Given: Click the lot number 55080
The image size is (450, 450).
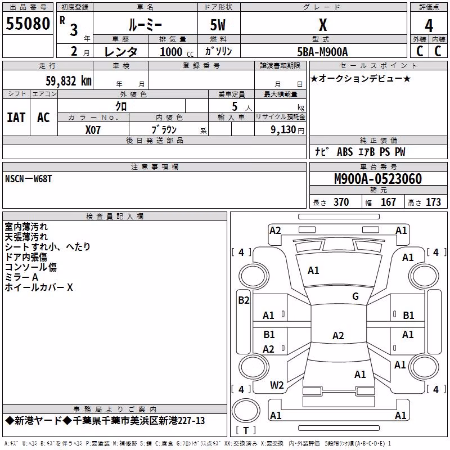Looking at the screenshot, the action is pyautogui.click(x=28, y=24).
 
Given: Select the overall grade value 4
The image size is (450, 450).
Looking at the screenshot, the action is pyautogui.click(x=429, y=26).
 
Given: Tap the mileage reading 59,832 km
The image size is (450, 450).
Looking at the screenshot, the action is pyautogui.click(x=69, y=81).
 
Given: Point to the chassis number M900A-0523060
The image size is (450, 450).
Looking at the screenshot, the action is pyautogui.click(x=378, y=179).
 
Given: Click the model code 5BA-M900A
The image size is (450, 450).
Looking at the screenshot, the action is pyautogui.click(x=322, y=52).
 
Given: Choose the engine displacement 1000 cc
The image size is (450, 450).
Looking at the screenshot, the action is pyautogui.click(x=177, y=52).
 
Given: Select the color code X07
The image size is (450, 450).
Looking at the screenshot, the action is pyautogui.click(x=93, y=130).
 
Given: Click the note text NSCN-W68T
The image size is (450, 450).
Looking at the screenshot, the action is pyautogui.click(x=29, y=179).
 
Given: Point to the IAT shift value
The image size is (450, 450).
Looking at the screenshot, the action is pyautogui.click(x=16, y=118).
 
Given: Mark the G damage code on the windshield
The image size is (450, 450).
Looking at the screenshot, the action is pyautogui.click(x=355, y=296).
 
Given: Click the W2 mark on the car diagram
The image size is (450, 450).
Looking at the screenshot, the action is pyautogui.click(x=277, y=385).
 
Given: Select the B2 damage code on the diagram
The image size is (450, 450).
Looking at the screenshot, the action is pyautogui.click(x=244, y=300).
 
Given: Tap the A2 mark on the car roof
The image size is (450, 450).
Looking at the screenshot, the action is pyautogui.click(x=338, y=335).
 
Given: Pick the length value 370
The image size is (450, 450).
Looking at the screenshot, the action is pyautogui.click(x=341, y=202).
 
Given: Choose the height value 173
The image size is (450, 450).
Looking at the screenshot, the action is pyautogui.click(x=433, y=202).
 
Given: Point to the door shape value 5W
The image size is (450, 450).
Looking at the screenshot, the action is pyautogui.click(x=218, y=25).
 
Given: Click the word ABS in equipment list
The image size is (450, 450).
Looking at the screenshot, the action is pyautogui.click(x=345, y=152).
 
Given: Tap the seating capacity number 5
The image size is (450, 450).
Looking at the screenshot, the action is pyautogui.click(x=235, y=106).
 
